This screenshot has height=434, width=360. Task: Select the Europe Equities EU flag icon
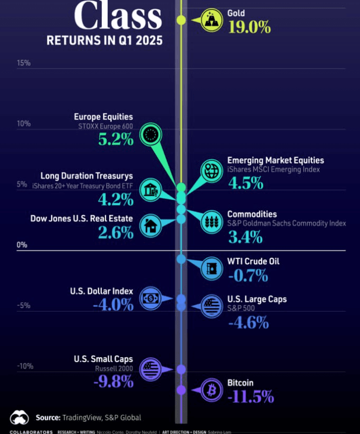[150, 136]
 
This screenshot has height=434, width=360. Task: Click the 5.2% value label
[116, 139]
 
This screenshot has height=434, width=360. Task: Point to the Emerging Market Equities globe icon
[212, 170]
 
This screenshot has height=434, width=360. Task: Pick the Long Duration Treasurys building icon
[150, 190]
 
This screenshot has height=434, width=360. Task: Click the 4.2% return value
[116, 199]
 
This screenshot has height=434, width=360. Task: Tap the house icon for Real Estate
[150, 226]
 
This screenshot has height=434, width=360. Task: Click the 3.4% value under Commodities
[245, 237]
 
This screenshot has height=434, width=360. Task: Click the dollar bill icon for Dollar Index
[150, 298]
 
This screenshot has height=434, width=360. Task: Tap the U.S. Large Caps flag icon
[212, 306]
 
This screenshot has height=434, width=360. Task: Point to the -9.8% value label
[113, 381]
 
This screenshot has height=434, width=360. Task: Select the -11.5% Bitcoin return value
[250, 397]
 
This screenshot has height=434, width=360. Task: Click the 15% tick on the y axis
[24, 63]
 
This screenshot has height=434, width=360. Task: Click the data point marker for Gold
[181, 20]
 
